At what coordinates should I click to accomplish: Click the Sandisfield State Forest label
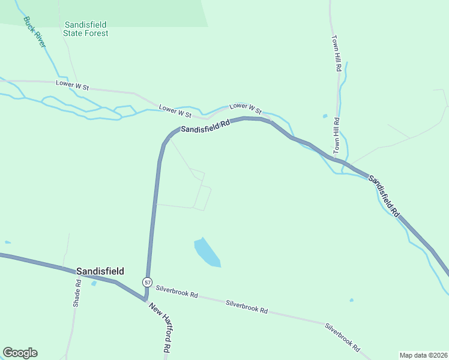86,29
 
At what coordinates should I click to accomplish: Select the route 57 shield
147,281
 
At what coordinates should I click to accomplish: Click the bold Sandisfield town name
100,271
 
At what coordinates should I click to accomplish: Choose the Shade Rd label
77,293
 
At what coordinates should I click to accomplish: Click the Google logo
20,353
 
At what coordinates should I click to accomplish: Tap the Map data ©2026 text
423,355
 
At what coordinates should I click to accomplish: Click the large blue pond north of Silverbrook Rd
207,252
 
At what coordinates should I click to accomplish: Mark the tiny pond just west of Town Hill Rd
325,116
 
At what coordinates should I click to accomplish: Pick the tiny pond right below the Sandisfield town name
94,283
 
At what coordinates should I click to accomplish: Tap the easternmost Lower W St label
246,109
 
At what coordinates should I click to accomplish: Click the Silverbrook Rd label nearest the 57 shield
176,292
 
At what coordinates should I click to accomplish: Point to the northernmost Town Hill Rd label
337,53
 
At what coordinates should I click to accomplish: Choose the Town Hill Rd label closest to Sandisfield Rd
337,134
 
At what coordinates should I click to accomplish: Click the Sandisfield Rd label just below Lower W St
206,125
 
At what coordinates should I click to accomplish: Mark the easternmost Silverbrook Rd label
342,337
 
